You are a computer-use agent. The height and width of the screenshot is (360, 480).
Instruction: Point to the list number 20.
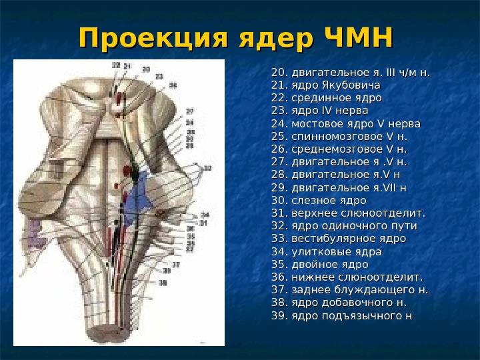pyautogui.click(x=278, y=73)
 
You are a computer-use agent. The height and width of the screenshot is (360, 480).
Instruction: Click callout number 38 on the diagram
pyautogui.click(x=163, y=282)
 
